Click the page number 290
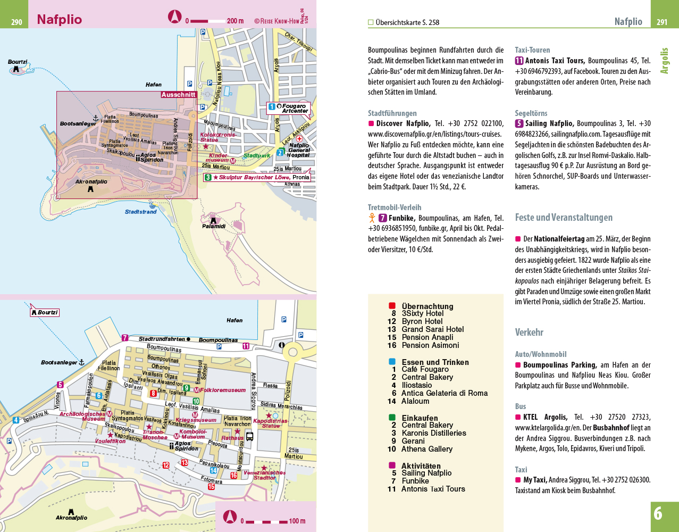16,22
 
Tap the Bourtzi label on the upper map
18,62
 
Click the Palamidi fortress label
214,226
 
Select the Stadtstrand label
140,212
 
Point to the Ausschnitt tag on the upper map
179,95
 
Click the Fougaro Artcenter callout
288,109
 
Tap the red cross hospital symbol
299,138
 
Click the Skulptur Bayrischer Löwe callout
257,178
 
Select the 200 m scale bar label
236,21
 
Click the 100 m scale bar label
297,521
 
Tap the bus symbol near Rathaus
249,436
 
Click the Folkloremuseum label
223,390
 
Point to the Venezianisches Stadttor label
264,475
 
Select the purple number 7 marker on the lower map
125,338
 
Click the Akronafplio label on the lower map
71,518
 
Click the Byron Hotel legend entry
415,321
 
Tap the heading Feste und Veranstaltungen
564,217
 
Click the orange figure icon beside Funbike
372,218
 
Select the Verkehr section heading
529,332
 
